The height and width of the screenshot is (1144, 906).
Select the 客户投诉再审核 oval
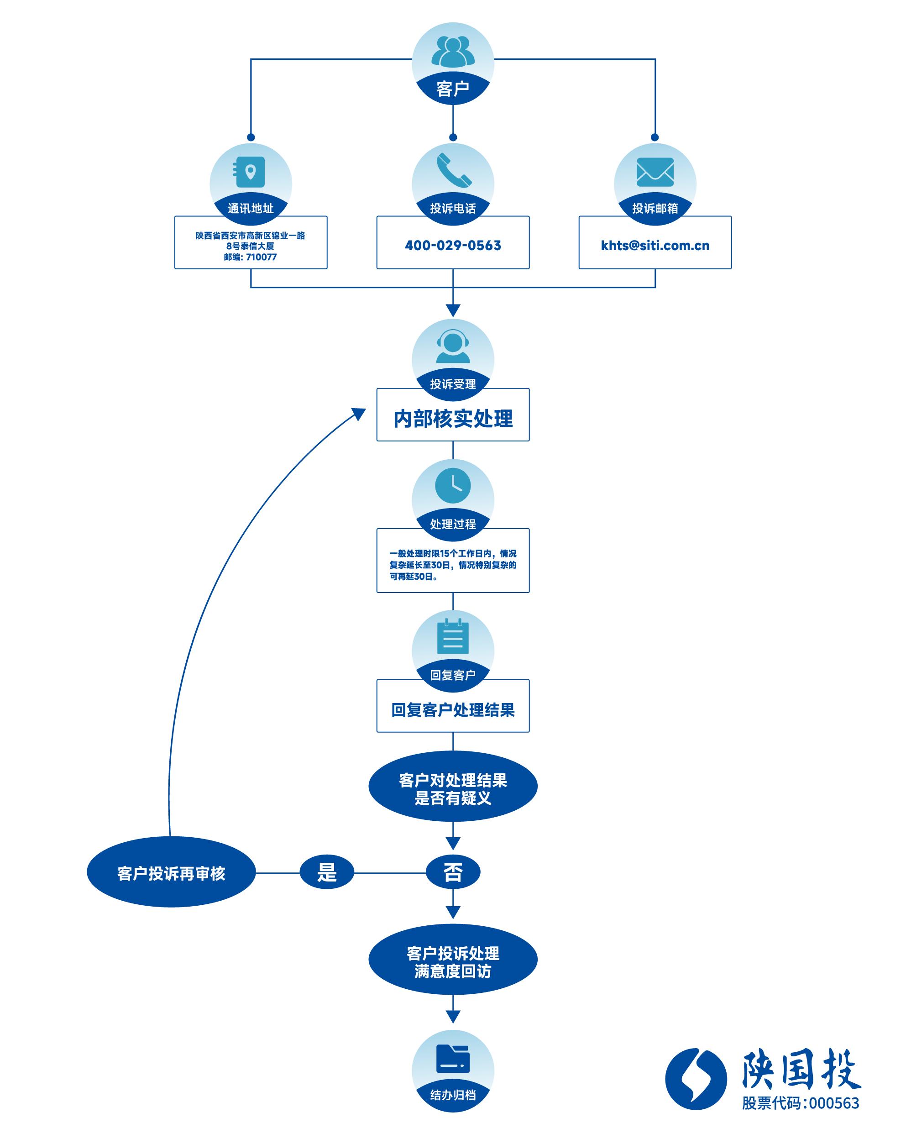pos(171,873)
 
